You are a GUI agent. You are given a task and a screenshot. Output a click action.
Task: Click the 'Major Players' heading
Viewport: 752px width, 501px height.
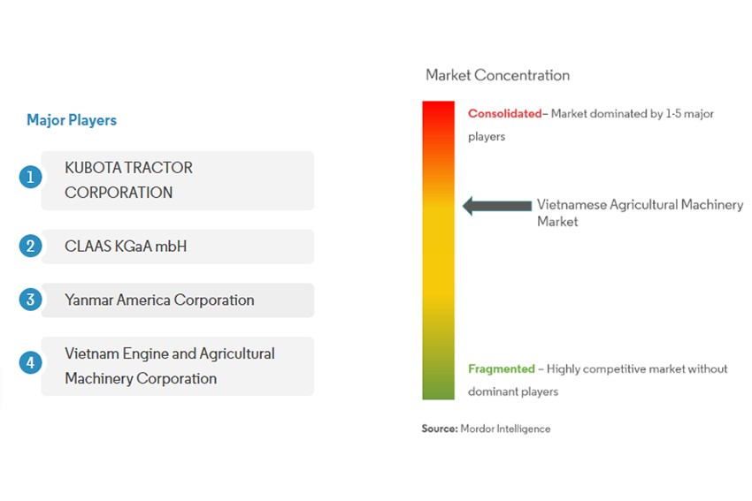click(x=72, y=120)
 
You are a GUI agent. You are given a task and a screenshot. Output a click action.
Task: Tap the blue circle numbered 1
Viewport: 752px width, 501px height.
click(x=30, y=178)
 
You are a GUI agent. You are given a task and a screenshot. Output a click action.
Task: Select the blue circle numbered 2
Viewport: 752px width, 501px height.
click(x=30, y=246)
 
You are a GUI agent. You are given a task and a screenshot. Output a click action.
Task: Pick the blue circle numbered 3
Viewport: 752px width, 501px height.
click(x=30, y=300)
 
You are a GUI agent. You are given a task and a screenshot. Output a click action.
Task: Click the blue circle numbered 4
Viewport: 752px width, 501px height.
click(x=30, y=362)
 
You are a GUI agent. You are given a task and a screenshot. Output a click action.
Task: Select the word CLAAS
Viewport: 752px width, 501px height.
click(x=85, y=247)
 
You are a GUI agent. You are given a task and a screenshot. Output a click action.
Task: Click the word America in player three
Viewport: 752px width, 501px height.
click(x=143, y=300)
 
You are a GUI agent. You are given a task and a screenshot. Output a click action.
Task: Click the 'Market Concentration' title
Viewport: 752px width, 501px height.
click(x=498, y=75)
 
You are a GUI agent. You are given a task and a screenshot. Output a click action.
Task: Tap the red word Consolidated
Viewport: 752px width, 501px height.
click(x=504, y=113)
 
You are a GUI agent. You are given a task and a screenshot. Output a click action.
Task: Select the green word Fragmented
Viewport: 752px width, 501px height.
click(x=501, y=368)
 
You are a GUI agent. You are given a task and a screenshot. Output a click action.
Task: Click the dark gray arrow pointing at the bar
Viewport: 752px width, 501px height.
click(x=497, y=206)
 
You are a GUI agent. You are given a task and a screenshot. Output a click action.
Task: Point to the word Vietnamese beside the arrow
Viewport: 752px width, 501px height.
click(x=572, y=204)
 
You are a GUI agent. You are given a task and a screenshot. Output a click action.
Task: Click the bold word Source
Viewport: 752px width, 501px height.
click(x=440, y=429)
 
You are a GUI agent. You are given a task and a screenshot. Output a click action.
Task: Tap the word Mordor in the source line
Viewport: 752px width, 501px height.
click(x=477, y=429)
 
